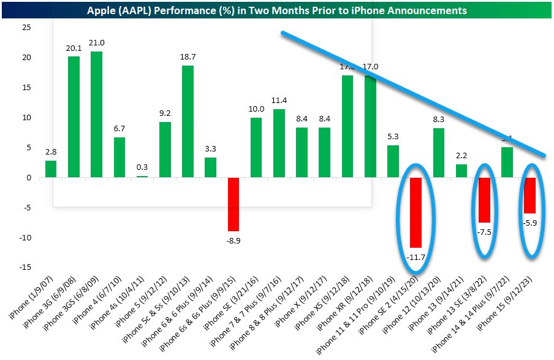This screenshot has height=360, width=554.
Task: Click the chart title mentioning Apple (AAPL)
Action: pyautogui.click(x=277, y=10)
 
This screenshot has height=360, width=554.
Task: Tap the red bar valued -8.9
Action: pyautogui.click(x=233, y=204)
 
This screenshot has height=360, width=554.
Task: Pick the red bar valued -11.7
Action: pyautogui.click(x=416, y=213)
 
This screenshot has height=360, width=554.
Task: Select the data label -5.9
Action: pyautogui.click(x=530, y=223)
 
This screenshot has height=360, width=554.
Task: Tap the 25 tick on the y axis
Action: pyautogui.click(x=25, y=28)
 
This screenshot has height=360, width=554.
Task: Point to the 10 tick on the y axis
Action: pyautogui.click(x=25, y=118)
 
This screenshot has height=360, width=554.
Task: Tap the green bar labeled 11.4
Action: pyautogui.click(x=279, y=144)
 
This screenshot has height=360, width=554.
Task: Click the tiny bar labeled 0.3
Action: pyautogui.click(x=142, y=177)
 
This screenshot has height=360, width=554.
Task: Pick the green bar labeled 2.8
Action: pyautogui.click(x=51, y=169)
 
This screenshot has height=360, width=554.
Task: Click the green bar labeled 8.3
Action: pyautogui.click(x=439, y=153)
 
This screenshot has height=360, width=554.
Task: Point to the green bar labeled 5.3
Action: pyautogui.click(x=393, y=162)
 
